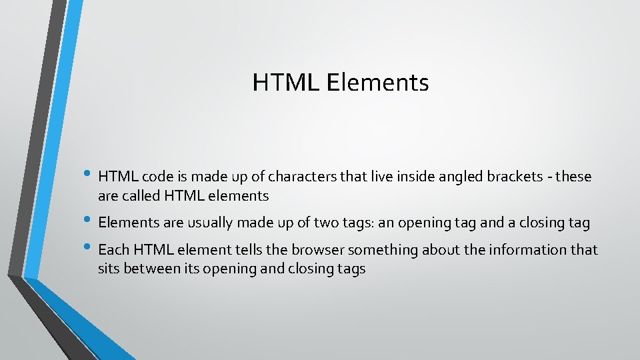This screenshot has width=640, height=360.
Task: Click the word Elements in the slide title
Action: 378,83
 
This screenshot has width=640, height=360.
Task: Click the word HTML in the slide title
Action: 287,83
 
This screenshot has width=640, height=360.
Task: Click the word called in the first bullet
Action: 138,196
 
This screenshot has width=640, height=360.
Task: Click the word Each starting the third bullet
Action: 113,250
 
